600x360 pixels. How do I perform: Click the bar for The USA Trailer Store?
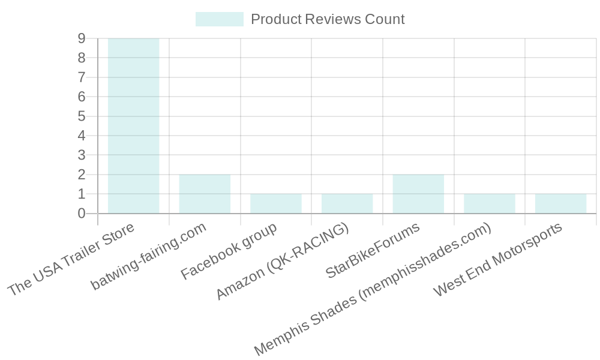pyautogui.click(x=133, y=126)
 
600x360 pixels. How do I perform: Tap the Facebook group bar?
pyautogui.click(x=275, y=203)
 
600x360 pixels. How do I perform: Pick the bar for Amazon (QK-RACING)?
pyautogui.click(x=347, y=203)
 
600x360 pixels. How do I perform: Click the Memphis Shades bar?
pyautogui.click(x=489, y=203)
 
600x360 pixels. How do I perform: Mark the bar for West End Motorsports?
pyautogui.click(x=560, y=203)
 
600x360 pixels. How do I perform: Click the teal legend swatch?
pyautogui.click(x=219, y=19)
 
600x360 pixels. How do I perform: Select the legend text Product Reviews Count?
pyautogui.click(x=328, y=19)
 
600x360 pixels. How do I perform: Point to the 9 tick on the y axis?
pyautogui.click(x=81, y=38)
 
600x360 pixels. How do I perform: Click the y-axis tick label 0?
pyautogui.click(x=81, y=213)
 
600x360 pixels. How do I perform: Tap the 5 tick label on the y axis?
pyautogui.click(x=81, y=116)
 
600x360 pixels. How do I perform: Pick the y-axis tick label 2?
pyautogui.click(x=81, y=174)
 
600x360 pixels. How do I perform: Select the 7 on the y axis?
pyautogui.click(x=81, y=77)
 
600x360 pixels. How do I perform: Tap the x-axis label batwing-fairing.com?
pyautogui.click(x=149, y=256)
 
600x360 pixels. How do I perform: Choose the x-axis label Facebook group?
pyautogui.click(x=229, y=251)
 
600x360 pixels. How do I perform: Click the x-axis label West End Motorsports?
pyautogui.click(x=499, y=259)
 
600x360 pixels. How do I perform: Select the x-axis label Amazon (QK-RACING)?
pyautogui.click(x=283, y=263)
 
